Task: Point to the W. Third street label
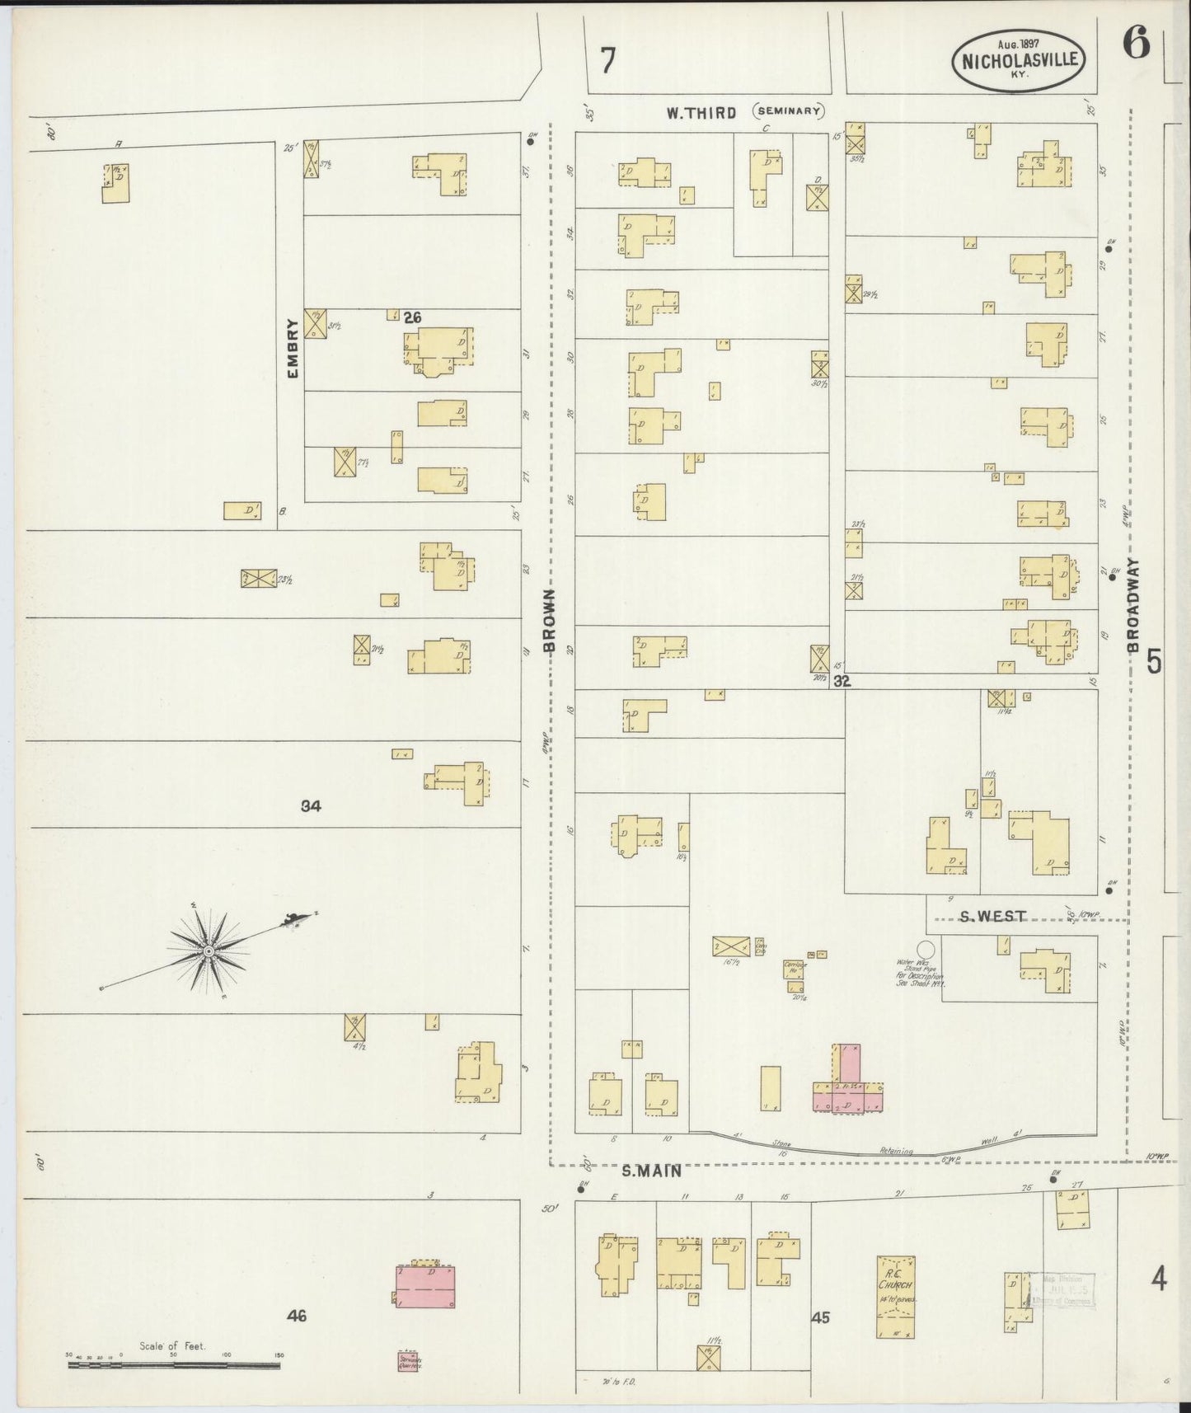701,113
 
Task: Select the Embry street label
292,348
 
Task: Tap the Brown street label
550,621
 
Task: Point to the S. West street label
992,916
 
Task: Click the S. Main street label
650,1170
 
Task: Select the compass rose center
209,951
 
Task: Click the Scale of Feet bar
173,1364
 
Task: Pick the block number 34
311,806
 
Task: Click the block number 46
297,1317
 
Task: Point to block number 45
820,1318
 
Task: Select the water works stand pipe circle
926,949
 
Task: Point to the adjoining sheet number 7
607,60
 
